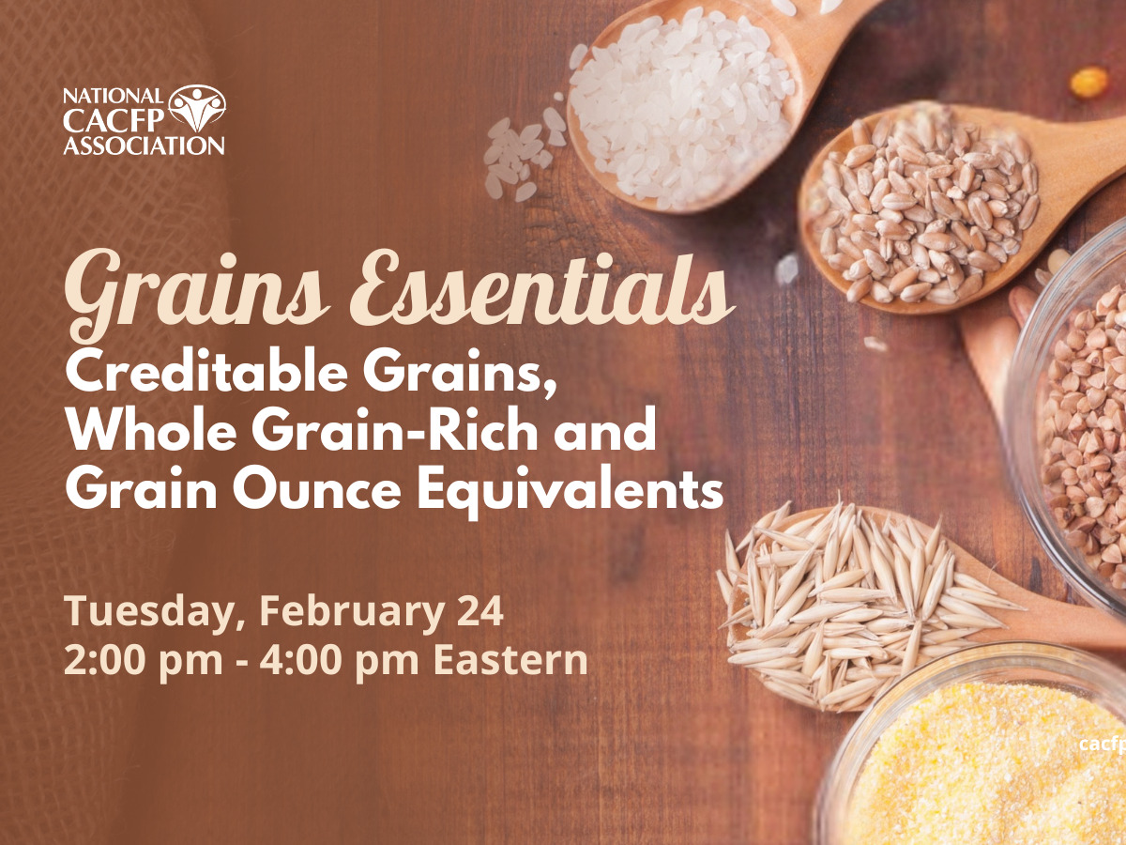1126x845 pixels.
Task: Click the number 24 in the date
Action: pyautogui.click(x=479, y=611)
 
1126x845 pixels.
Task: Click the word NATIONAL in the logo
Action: pyautogui.click(x=114, y=96)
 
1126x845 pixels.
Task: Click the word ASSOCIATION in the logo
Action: pyautogui.click(x=144, y=146)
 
